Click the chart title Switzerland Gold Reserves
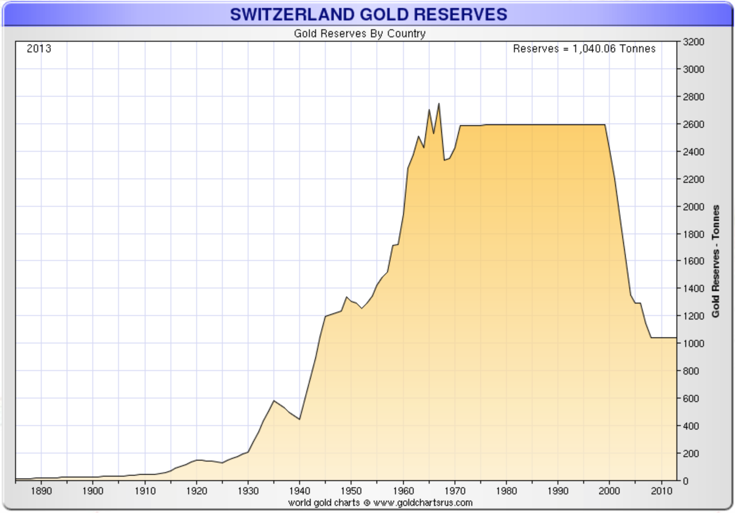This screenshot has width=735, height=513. [x=368, y=14]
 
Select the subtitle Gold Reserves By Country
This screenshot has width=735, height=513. [x=360, y=34]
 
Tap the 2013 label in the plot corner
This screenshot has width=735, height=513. [x=39, y=48]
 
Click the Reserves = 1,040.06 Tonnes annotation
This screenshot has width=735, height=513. [x=584, y=48]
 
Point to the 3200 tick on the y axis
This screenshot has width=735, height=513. [x=693, y=42]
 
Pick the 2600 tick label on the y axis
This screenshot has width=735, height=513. [x=693, y=124]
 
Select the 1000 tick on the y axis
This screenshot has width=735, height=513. [x=693, y=343]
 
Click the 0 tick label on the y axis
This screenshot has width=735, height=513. [x=686, y=481]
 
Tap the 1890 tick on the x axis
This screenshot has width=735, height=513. [x=41, y=491]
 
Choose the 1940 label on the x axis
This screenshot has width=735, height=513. [x=300, y=491]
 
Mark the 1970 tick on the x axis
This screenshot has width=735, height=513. [x=454, y=491]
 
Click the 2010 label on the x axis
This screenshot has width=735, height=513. [x=661, y=491]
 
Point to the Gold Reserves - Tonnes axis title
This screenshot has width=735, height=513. [x=715, y=261]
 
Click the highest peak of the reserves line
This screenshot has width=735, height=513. [x=439, y=104]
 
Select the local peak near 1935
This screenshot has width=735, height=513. [x=274, y=401]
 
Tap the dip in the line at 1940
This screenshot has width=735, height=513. [x=300, y=419]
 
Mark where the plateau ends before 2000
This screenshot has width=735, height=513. [x=605, y=125]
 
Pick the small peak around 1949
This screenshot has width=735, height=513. [x=347, y=297]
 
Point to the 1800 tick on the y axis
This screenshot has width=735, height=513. [x=693, y=234]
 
